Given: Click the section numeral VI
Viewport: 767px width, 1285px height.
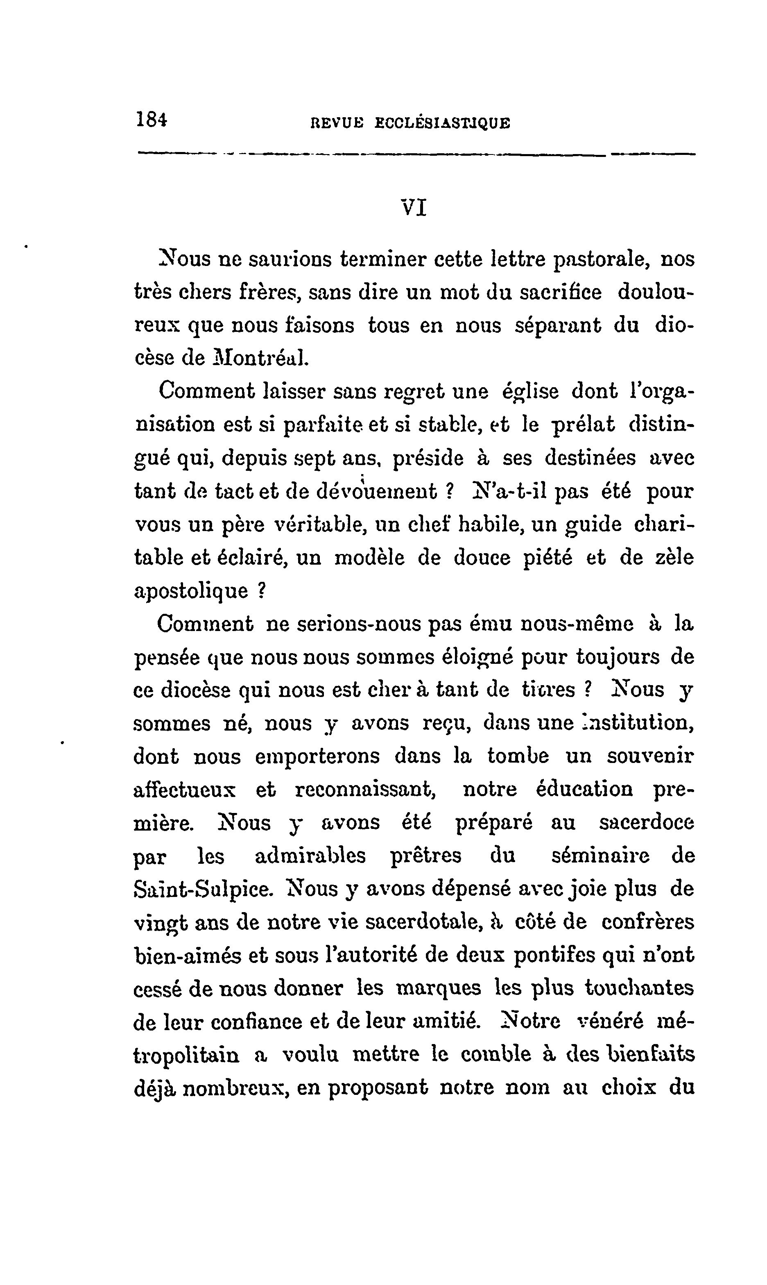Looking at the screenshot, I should pyautogui.click(x=414, y=209).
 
